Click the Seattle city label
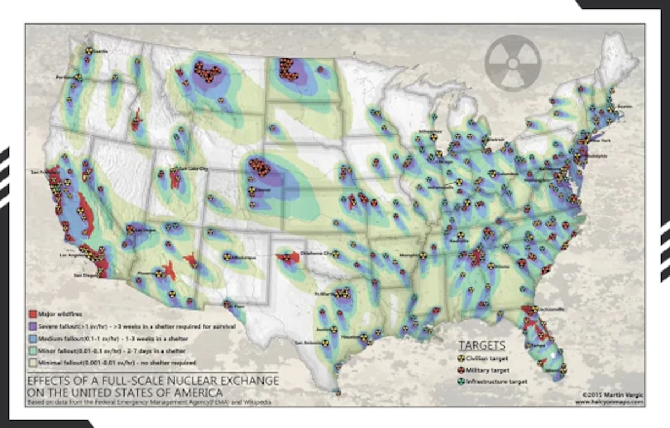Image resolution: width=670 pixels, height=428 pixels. [x=100, y=51]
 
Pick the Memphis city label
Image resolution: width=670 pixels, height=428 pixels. [x=409, y=255]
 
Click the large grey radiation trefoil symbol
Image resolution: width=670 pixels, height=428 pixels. [x=513, y=63]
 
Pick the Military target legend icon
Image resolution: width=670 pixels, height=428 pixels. [x=462, y=370]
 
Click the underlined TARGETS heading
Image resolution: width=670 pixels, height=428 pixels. [x=481, y=345]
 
